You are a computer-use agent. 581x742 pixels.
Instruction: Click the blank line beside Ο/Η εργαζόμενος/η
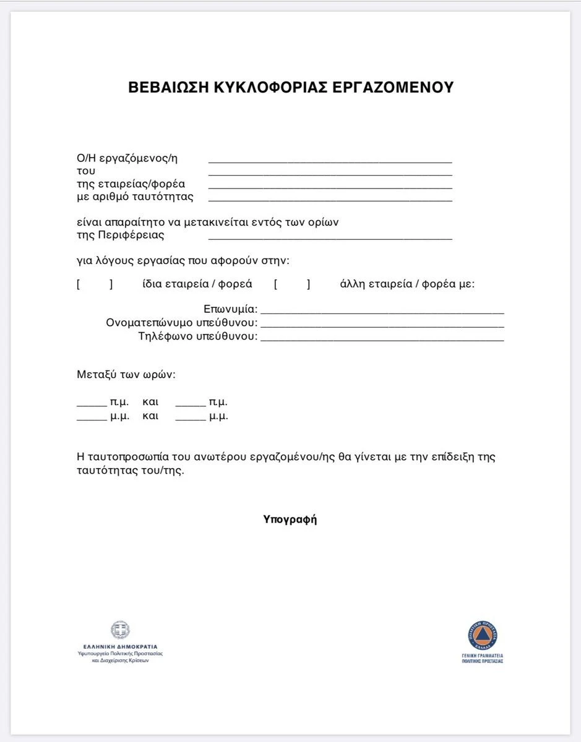point(330,161)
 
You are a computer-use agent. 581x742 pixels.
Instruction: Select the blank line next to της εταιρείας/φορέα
point(330,187)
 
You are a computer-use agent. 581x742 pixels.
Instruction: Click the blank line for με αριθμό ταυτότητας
point(330,200)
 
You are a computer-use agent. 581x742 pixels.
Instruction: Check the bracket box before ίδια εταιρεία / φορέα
point(95,284)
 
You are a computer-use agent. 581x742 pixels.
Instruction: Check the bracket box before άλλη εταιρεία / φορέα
point(292,284)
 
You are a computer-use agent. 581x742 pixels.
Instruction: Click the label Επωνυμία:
point(231,309)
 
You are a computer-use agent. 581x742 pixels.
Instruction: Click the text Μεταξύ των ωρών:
point(126,375)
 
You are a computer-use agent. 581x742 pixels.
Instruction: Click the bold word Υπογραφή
point(290,519)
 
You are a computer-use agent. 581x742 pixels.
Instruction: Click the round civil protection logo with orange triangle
point(482,636)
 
